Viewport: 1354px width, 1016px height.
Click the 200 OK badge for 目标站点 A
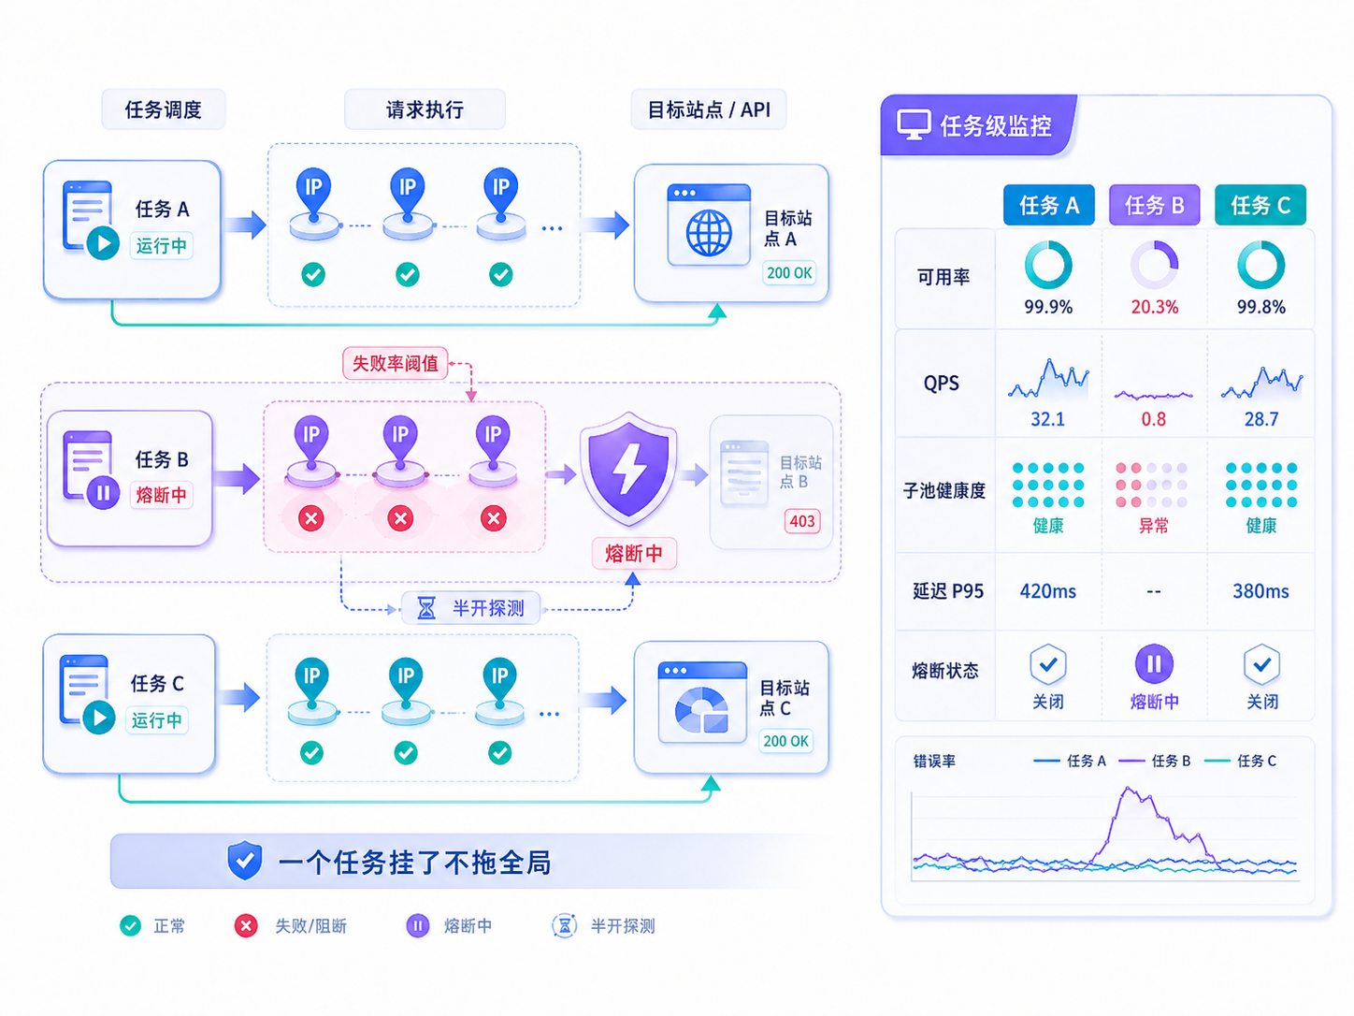point(789,272)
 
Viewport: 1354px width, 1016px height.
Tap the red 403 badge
point(802,521)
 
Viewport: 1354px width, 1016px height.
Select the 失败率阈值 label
point(395,363)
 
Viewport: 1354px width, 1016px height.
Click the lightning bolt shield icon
point(628,469)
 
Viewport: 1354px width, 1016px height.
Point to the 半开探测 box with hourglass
point(471,608)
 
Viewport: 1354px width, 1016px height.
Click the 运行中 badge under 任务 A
point(162,245)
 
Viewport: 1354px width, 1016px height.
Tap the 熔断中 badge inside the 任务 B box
point(162,495)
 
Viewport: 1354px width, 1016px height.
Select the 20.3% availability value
point(1154,307)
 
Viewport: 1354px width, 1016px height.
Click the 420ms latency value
point(1047,591)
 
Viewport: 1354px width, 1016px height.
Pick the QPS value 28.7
point(1260,419)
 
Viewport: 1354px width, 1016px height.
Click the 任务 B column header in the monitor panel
point(1154,205)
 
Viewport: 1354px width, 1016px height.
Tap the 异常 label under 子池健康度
point(1154,526)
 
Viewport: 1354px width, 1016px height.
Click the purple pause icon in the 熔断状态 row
point(1154,663)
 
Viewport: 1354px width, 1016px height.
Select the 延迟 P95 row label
point(948,591)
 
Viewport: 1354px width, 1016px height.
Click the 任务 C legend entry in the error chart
point(1240,761)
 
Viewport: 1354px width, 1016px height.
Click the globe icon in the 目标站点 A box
point(709,233)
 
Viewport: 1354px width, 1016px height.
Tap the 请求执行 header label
point(425,109)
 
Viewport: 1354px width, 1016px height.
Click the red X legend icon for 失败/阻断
point(246,925)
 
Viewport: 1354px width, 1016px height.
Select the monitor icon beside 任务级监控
point(914,125)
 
